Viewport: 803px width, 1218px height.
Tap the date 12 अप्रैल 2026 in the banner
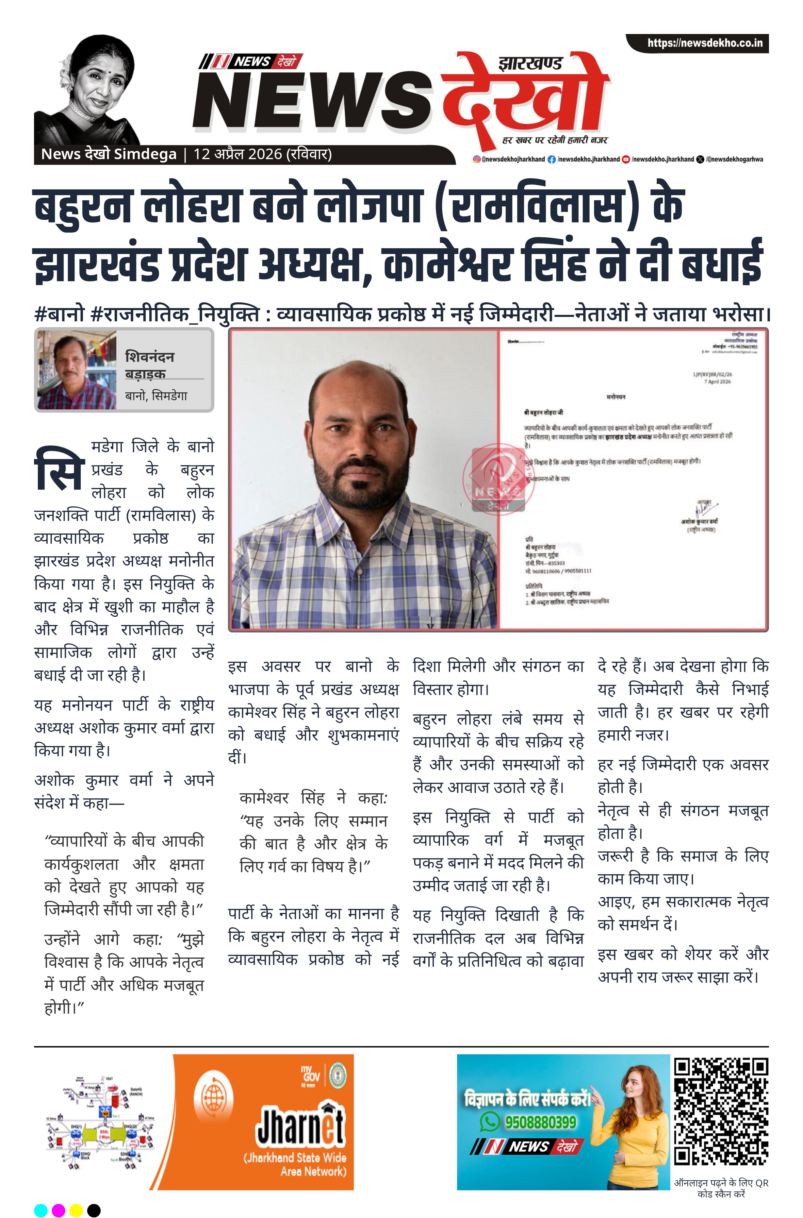(x=238, y=154)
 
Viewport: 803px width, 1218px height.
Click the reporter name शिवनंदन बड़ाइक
(x=149, y=365)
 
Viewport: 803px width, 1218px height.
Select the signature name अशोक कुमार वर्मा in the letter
(x=699, y=521)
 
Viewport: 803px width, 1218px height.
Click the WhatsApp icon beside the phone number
(x=490, y=1122)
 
